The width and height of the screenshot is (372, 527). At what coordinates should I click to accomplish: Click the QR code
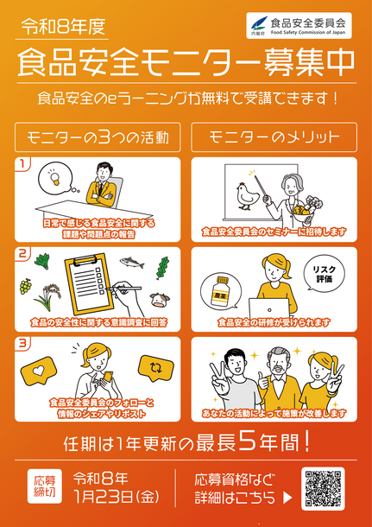pyautogui.click(x=323, y=489)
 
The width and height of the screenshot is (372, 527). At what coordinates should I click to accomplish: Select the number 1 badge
pyautogui.click(x=23, y=163)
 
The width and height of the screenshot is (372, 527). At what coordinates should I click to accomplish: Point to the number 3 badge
pyautogui.click(x=23, y=344)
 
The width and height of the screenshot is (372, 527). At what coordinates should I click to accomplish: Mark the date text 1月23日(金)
pyautogui.click(x=117, y=498)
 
